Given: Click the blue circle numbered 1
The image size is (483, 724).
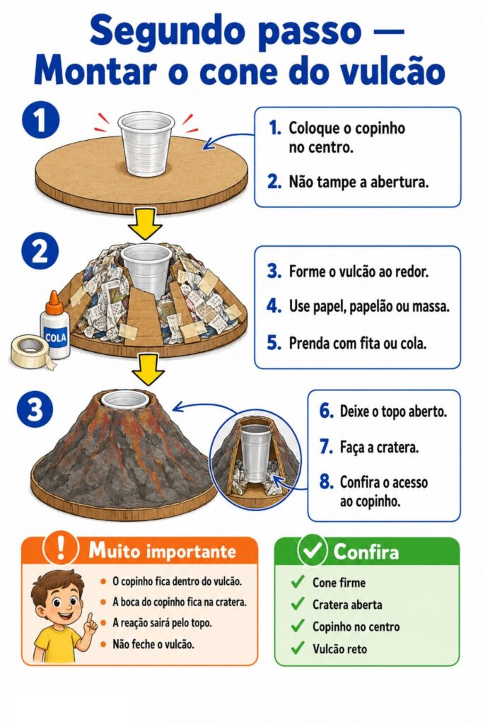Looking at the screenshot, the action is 40,120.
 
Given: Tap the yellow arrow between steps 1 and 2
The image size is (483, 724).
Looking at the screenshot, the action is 146,223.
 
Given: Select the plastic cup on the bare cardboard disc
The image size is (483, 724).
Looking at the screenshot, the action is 146,143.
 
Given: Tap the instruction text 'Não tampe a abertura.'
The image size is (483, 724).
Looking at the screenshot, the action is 359,182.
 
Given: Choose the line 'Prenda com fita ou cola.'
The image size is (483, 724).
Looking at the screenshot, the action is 357,343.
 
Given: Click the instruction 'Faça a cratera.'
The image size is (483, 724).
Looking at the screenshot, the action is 379,447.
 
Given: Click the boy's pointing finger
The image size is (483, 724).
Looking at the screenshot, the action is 90,618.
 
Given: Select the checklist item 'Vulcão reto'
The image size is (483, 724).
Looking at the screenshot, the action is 339,649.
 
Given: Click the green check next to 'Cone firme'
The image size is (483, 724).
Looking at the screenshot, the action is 298,582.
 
